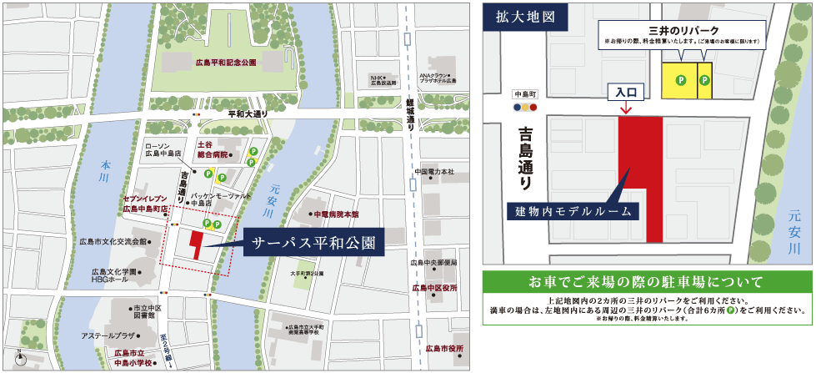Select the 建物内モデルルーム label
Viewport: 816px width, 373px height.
coord(573,210)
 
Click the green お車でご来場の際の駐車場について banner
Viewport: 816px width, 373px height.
coord(647,280)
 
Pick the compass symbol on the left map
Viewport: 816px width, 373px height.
coord(21,359)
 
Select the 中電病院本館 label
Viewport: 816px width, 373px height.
coord(337,214)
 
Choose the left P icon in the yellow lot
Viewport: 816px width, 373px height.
coord(679,81)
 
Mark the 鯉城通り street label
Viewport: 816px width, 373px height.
coord(410,113)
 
